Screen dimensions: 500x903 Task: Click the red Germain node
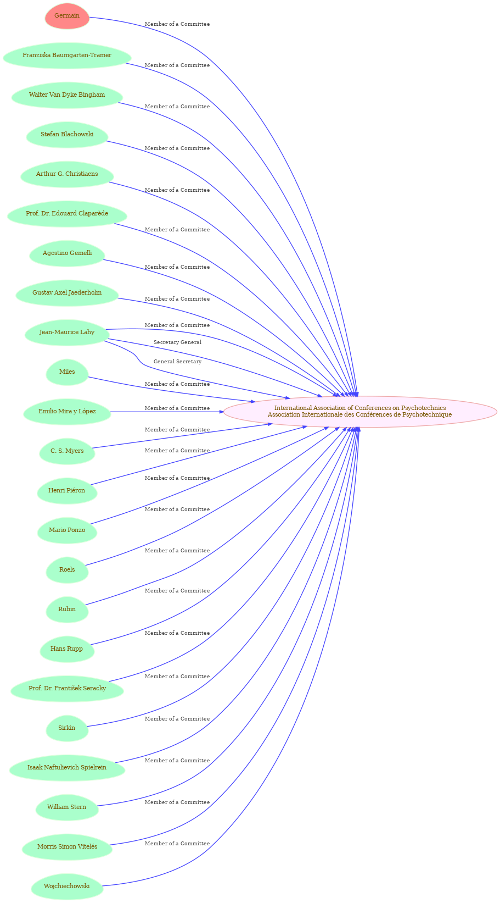click(67, 16)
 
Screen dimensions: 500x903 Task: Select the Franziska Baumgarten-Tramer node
click(67, 55)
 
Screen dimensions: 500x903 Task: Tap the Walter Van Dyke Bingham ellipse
click(67, 95)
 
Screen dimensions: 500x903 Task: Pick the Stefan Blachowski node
click(67, 134)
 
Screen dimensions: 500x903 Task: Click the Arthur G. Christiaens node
click(67, 174)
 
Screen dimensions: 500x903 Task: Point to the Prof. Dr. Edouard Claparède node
click(67, 213)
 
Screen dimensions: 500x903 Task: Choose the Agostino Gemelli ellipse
click(67, 253)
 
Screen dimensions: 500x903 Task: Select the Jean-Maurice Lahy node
click(67, 332)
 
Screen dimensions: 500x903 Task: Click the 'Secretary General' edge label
click(177, 342)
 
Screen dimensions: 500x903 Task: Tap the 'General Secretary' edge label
click(177, 362)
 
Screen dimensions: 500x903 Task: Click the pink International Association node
click(359, 411)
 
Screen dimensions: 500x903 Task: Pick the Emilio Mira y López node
click(67, 411)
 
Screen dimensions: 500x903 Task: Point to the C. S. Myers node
click(67, 451)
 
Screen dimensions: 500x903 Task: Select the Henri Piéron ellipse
click(67, 490)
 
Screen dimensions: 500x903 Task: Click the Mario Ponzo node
click(67, 530)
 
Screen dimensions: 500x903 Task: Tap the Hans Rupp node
click(67, 648)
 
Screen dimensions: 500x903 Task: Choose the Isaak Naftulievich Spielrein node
click(67, 767)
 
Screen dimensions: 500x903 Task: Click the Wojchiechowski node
click(67, 885)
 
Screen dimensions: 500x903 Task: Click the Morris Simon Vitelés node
click(67, 846)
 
